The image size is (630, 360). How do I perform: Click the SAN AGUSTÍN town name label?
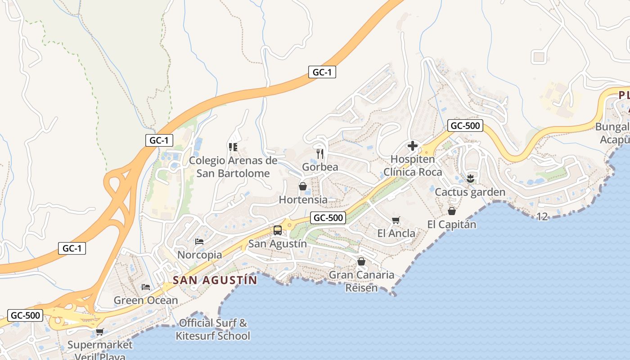point(215,280)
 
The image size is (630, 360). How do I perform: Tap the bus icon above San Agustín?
point(278,230)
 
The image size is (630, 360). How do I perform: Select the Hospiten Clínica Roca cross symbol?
point(412,146)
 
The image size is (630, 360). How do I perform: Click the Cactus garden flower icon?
point(470,178)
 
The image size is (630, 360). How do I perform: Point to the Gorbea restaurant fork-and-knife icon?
point(320,153)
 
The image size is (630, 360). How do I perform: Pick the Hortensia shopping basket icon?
point(303,186)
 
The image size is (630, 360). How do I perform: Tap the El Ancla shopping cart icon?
point(396,220)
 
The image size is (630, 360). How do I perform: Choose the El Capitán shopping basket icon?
point(451,211)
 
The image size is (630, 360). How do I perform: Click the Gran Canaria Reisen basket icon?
point(361,261)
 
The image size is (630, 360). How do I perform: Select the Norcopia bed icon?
point(199,242)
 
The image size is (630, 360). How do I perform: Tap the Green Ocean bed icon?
point(145,287)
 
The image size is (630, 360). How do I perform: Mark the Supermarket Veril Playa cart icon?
point(99,332)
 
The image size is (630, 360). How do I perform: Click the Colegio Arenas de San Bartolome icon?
point(233,147)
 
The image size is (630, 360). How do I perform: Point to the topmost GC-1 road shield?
point(322,72)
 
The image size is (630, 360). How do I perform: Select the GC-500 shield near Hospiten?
point(465,126)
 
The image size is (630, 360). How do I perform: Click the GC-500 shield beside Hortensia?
point(328,218)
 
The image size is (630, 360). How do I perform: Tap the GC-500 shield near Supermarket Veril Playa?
point(26,315)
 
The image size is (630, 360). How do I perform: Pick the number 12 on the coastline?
point(542,217)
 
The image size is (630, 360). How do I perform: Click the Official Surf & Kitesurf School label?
point(213,329)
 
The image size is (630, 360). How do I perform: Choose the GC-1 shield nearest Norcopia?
point(72,248)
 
